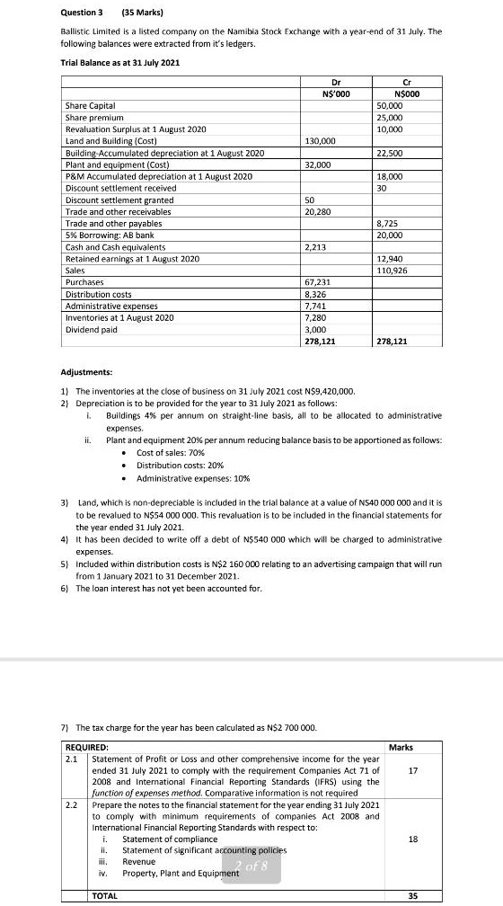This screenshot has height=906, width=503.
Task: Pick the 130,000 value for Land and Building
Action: (x=321, y=142)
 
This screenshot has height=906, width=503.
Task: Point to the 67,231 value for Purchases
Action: (x=318, y=282)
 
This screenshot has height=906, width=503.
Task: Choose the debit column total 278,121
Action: (x=321, y=342)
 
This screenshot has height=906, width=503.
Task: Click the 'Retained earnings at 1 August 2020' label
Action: (x=132, y=259)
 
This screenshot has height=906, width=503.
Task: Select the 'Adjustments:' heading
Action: (x=86, y=371)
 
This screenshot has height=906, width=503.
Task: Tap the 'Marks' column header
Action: (x=401, y=747)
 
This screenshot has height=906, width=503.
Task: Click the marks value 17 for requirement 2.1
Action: (x=413, y=770)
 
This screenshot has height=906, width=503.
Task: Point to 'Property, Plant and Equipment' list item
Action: (x=180, y=874)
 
